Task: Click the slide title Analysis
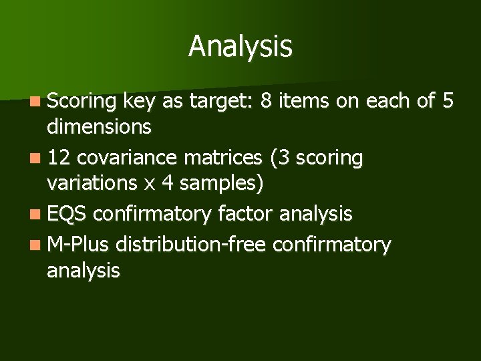coord(240,46)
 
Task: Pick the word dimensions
coord(99,126)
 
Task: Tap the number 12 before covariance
coord(60,158)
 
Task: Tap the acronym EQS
coord(67,214)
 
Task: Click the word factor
coord(247,214)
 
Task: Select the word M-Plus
coord(78,245)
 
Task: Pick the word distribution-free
coord(192,245)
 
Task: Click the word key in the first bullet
coord(138,102)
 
